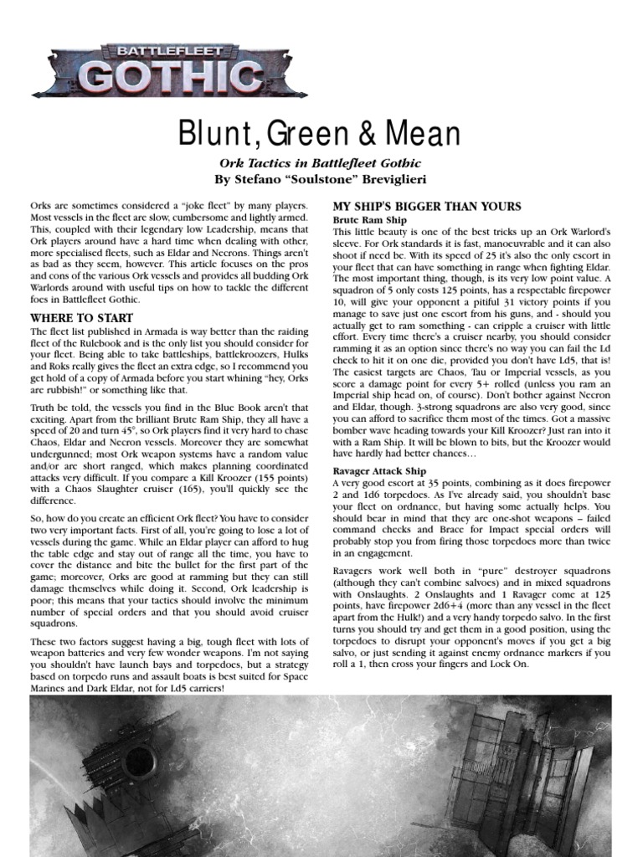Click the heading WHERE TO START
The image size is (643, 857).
[x=81, y=318]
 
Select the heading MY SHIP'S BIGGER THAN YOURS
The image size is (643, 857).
[x=427, y=207]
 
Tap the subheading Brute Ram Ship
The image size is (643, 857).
[x=368, y=219]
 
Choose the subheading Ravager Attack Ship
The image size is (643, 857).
[x=379, y=472]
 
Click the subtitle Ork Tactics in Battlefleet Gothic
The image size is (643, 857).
[x=321, y=162]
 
